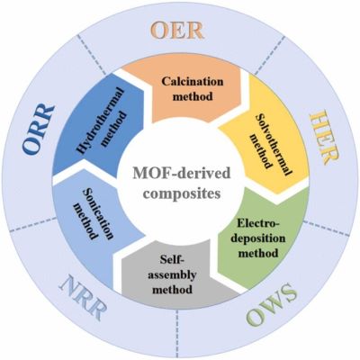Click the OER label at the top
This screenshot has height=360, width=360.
coord(177,31)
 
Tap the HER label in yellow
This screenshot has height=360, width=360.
coord(324,137)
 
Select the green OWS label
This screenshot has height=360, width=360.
coord(272,305)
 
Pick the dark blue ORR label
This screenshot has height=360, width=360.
coord(39,129)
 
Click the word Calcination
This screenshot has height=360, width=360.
coord(193,81)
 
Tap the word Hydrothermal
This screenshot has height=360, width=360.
coord(100,121)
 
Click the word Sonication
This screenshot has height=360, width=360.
coord(98,214)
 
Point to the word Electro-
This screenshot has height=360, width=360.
coord(258,223)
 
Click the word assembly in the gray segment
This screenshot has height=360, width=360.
coord(172,275)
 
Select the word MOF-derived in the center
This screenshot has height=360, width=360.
coord(182,174)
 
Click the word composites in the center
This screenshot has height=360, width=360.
coord(182,193)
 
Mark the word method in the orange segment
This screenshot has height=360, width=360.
coord(193,96)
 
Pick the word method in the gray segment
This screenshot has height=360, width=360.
coord(172,290)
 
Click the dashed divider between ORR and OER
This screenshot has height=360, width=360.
coord(92,55)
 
